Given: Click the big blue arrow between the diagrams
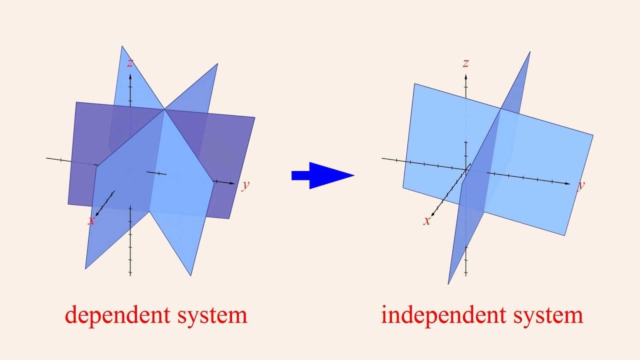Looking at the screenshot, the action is click(322, 175).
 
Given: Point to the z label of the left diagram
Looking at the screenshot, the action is click(130, 63).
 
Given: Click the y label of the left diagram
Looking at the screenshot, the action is click(245, 185).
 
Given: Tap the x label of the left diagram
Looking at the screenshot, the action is click(91, 221).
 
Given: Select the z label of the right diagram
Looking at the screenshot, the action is click(465, 63).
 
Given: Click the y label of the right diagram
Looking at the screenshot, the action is click(581, 185).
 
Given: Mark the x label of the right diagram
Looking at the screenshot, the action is click(426, 221).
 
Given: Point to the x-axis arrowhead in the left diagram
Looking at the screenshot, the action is click(96, 214).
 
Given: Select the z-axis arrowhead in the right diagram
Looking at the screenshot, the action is click(465, 76).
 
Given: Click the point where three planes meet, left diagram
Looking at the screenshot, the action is click(163, 108).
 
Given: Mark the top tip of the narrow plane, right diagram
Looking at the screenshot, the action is click(529, 52).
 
